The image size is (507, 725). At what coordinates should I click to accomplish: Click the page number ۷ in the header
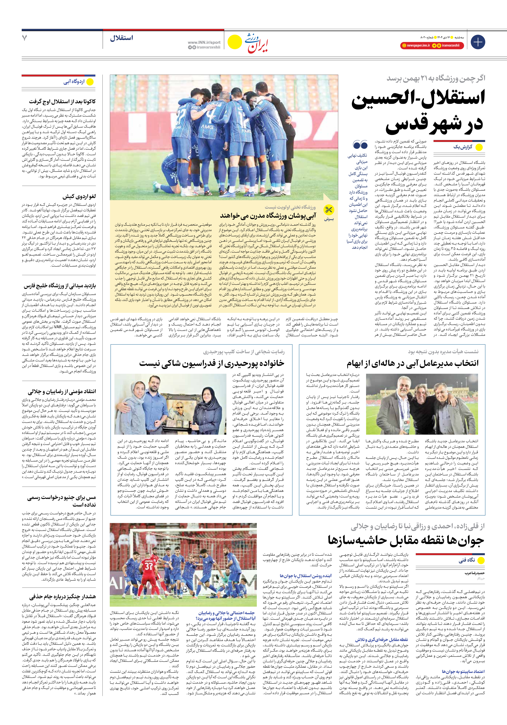(x=25, y=38)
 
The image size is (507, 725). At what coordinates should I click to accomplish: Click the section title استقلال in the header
(x=121, y=38)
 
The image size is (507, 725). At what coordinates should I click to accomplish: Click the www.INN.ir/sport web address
(x=204, y=42)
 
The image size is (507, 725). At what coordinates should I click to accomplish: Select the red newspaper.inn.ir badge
(x=416, y=45)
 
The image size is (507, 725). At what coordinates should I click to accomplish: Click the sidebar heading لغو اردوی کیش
(x=79, y=196)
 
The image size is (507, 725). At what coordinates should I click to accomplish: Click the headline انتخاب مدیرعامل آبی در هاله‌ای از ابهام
(x=412, y=363)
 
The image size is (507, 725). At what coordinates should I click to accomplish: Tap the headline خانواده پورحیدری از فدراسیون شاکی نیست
(x=212, y=363)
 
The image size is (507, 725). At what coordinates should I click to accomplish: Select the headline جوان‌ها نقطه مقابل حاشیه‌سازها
(x=406, y=541)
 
